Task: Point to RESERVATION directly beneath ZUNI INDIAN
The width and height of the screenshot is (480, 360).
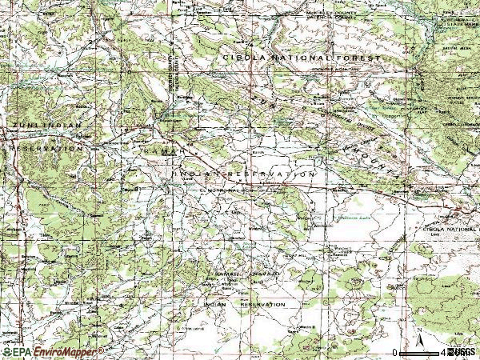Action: click(x=46, y=149)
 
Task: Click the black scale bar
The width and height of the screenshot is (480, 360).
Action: click(x=419, y=351)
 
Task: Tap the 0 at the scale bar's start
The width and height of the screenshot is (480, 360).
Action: click(x=395, y=352)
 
